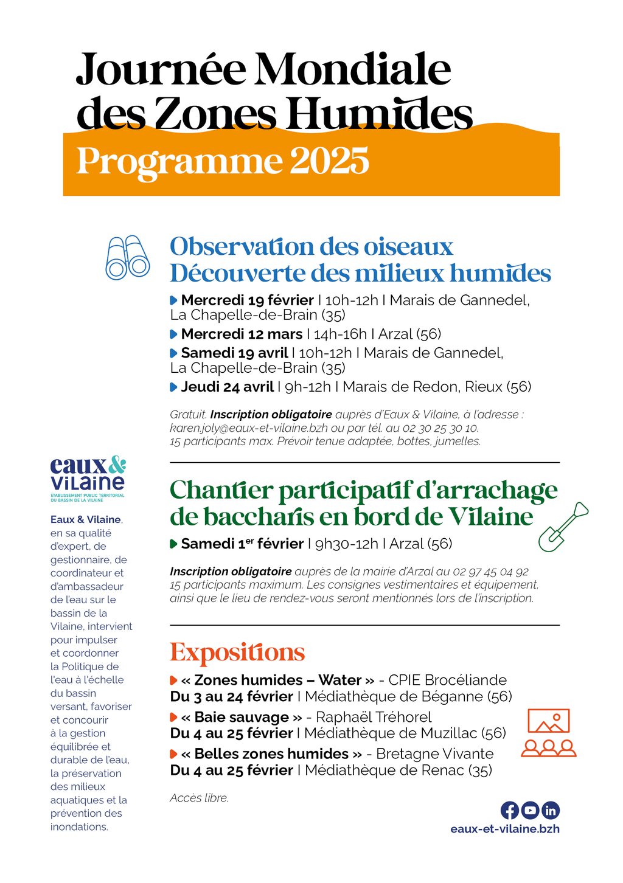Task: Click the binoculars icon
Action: click(x=127, y=257)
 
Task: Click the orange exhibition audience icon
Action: click(x=548, y=732)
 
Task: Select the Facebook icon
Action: click(x=510, y=810)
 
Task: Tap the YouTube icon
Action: click(x=530, y=810)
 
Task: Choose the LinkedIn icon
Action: click(x=550, y=810)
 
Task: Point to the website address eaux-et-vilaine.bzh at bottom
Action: click(x=505, y=829)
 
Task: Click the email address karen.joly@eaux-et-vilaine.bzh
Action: click(x=249, y=428)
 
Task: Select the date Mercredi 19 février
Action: click(x=247, y=300)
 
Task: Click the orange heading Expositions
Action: click(x=237, y=653)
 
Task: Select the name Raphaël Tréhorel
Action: click(x=374, y=718)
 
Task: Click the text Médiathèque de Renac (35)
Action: click(x=398, y=770)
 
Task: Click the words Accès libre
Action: click(x=199, y=798)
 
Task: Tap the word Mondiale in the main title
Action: click(x=353, y=70)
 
